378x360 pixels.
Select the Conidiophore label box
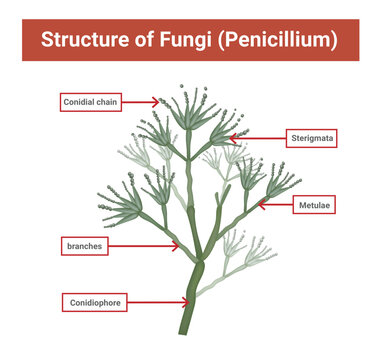[x=96, y=300]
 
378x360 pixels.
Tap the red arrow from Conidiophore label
[x=161, y=300]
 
